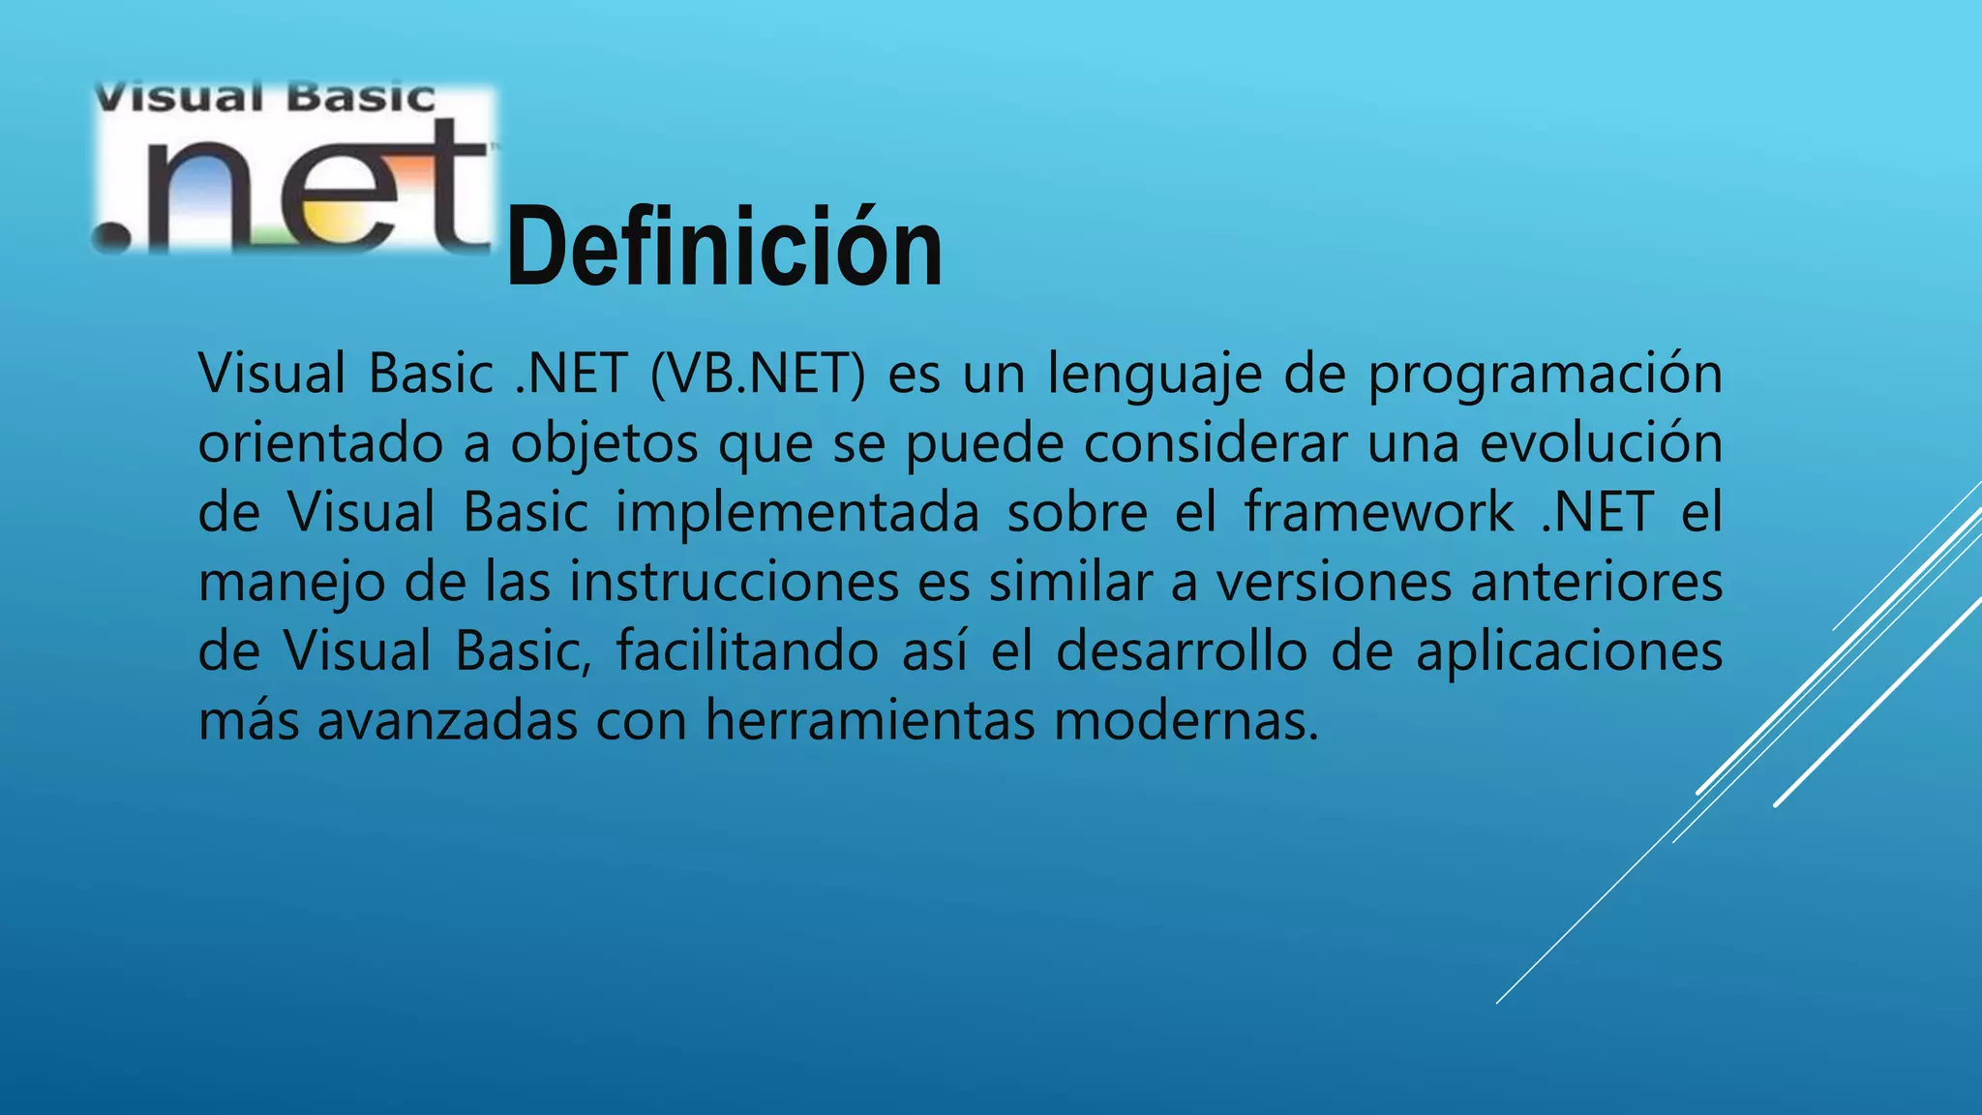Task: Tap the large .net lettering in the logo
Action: (x=290, y=190)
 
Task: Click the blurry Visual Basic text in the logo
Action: (x=264, y=98)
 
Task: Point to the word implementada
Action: (x=797, y=514)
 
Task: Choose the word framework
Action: (x=1379, y=512)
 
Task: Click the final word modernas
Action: (x=1186, y=721)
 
